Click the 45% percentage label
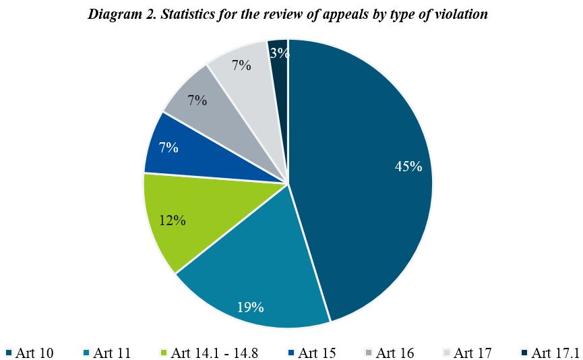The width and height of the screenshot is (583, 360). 408,167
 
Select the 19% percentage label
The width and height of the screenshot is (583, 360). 250,307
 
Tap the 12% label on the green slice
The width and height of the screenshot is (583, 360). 173,220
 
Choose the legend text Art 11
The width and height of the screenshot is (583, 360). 112,353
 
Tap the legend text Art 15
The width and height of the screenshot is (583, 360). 317,353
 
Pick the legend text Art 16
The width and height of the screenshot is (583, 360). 395,353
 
